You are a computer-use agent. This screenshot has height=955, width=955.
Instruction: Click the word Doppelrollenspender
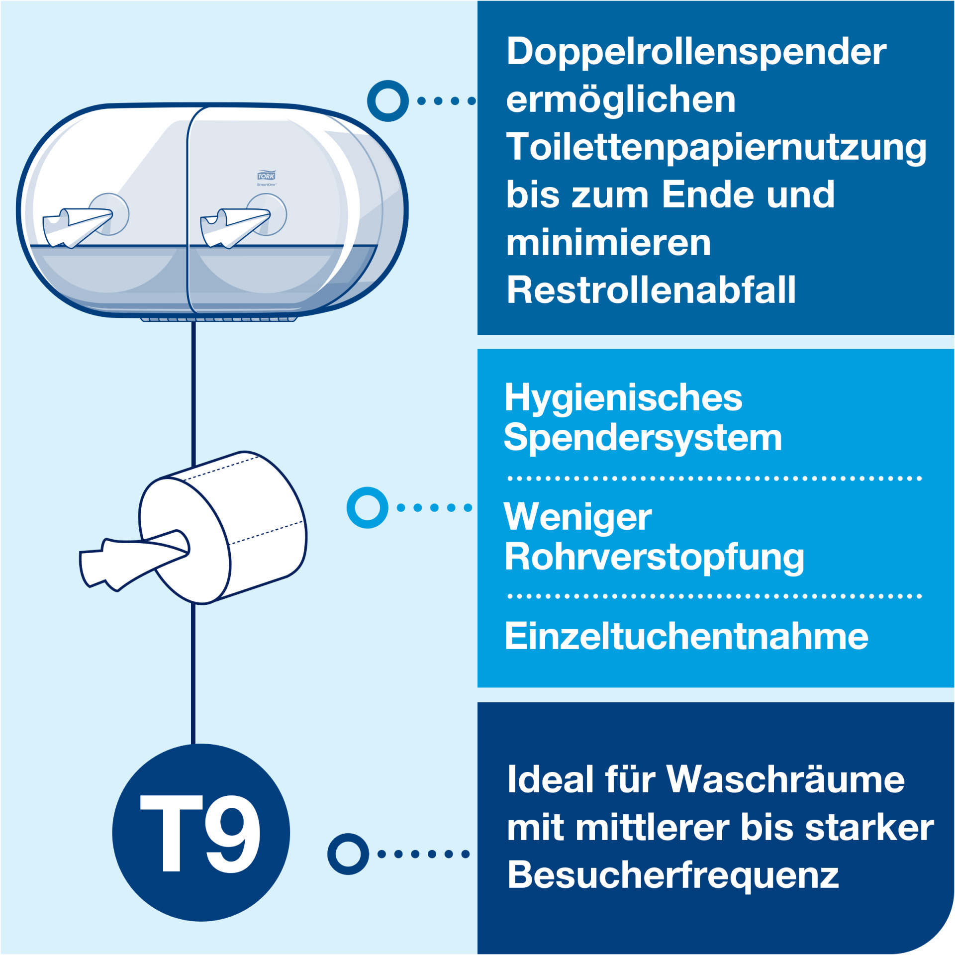click(696, 52)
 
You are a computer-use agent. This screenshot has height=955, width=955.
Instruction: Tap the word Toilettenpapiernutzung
click(716, 148)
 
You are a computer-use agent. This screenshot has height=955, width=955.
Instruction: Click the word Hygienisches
click(623, 398)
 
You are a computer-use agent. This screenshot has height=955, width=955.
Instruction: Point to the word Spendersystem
click(643, 438)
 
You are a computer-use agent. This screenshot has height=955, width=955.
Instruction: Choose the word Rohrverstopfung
click(654, 558)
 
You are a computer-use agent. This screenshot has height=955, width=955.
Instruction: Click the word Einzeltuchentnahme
click(686, 636)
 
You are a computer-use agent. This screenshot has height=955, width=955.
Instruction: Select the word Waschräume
click(785, 779)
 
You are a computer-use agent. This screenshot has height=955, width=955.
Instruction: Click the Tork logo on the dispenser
click(266, 176)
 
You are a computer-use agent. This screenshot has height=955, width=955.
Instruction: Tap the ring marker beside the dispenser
click(388, 100)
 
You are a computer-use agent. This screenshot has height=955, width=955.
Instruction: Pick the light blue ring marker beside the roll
click(368, 507)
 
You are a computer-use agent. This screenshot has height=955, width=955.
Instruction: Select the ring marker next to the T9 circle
click(348, 854)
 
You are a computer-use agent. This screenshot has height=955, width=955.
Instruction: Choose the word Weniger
click(578, 518)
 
